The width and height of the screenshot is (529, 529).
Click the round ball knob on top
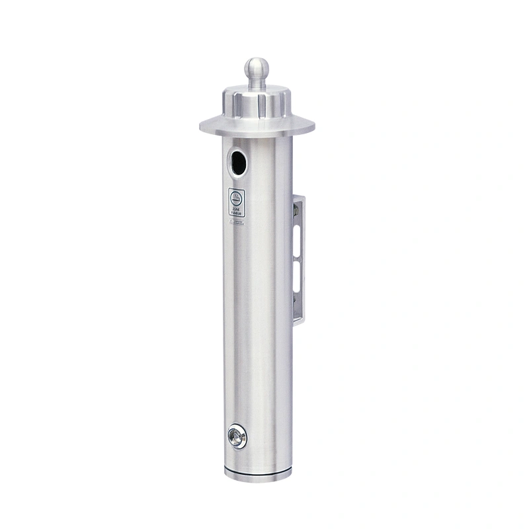(257, 68)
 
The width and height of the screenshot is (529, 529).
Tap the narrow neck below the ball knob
(257, 83)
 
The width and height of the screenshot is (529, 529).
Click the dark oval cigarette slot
(238, 162)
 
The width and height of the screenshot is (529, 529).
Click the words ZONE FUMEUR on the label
(237, 210)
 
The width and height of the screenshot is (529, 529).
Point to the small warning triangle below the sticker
(232, 222)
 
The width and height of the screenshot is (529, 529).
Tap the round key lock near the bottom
(236, 437)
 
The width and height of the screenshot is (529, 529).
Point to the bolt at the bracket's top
(296, 210)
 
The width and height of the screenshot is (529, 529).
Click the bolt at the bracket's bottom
(296, 307)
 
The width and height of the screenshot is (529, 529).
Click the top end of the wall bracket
(300, 197)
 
